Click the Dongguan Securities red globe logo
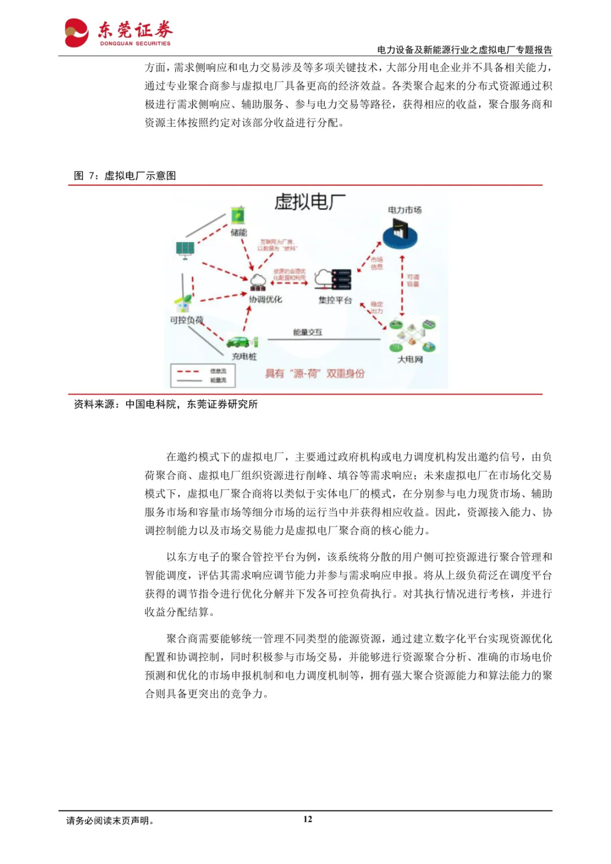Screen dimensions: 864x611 [x=77, y=33]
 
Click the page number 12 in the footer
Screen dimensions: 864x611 [x=308, y=819]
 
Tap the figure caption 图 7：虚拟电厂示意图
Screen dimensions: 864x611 [x=125, y=176]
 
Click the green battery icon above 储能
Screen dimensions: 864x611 [x=238, y=216]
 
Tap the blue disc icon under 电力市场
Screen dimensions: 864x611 [x=400, y=234]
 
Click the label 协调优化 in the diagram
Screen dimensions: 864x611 [x=265, y=299]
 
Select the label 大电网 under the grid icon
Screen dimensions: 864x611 [x=410, y=359]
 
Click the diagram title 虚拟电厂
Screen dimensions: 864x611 [x=309, y=202]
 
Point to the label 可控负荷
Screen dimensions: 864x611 [x=186, y=320]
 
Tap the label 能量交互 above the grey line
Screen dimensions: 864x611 [x=307, y=332]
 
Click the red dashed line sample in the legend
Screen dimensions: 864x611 [x=188, y=372]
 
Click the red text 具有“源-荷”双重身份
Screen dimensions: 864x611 [x=315, y=373]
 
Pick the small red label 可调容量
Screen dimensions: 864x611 [x=413, y=281]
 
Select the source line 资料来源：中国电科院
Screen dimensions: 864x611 [x=166, y=405]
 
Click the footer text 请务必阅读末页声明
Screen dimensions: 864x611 [x=110, y=820]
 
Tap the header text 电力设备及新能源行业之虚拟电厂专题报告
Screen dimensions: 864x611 [x=464, y=50]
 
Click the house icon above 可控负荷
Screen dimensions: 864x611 [x=183, y=305]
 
